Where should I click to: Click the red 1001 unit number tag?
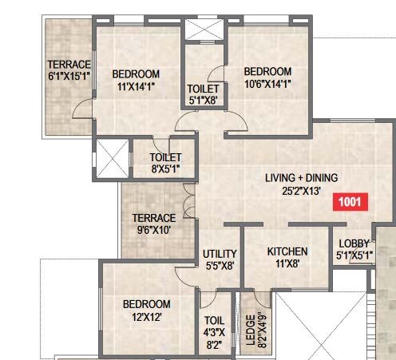pos(352,202)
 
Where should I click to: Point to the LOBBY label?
pos(353,243)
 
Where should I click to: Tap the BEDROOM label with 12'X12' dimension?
pos(146,304)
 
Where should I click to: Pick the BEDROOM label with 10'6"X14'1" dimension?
pos(267,70)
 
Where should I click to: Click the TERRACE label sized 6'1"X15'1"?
pos(69,65)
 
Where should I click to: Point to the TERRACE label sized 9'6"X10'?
pos(154,218)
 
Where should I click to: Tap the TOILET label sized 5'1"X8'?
pos(204,89)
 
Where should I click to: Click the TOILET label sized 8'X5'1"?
pos(165,158)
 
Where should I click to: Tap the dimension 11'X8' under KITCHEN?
pos(287,264)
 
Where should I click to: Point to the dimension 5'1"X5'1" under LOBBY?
pos(353,256)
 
